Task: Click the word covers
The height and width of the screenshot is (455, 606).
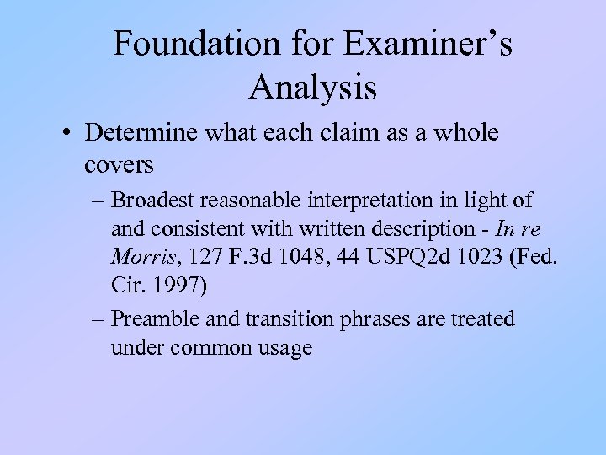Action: [x=119, y=164]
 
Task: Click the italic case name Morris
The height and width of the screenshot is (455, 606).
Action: [x=140, y=254]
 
